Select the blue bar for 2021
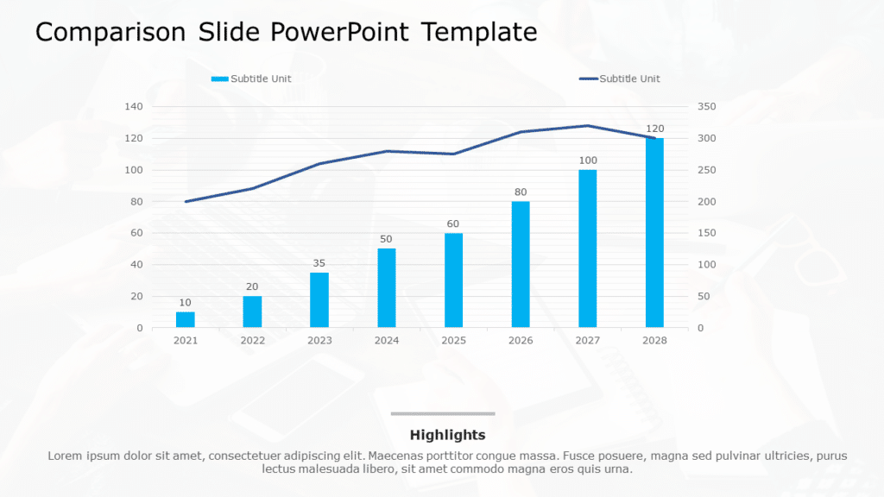[186, 319]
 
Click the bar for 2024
[387, 288]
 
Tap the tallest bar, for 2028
[654, 233]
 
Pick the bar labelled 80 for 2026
[521, 264]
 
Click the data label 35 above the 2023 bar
[319, 263]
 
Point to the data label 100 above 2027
[588, 160]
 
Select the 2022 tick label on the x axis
[252, 341]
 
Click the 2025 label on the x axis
[453, 341]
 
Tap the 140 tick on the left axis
[134, 107]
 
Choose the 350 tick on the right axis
[707, 107]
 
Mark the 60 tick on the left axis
[136, 233]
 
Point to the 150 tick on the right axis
[707, 233]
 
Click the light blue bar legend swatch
[220, 79]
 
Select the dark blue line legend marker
[588, 79]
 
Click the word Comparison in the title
[110, 33]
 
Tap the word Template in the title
[479, 33]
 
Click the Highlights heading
[447, 435]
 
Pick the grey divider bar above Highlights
[443, 413]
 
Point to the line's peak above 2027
[588, 126]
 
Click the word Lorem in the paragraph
[66, 456]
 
